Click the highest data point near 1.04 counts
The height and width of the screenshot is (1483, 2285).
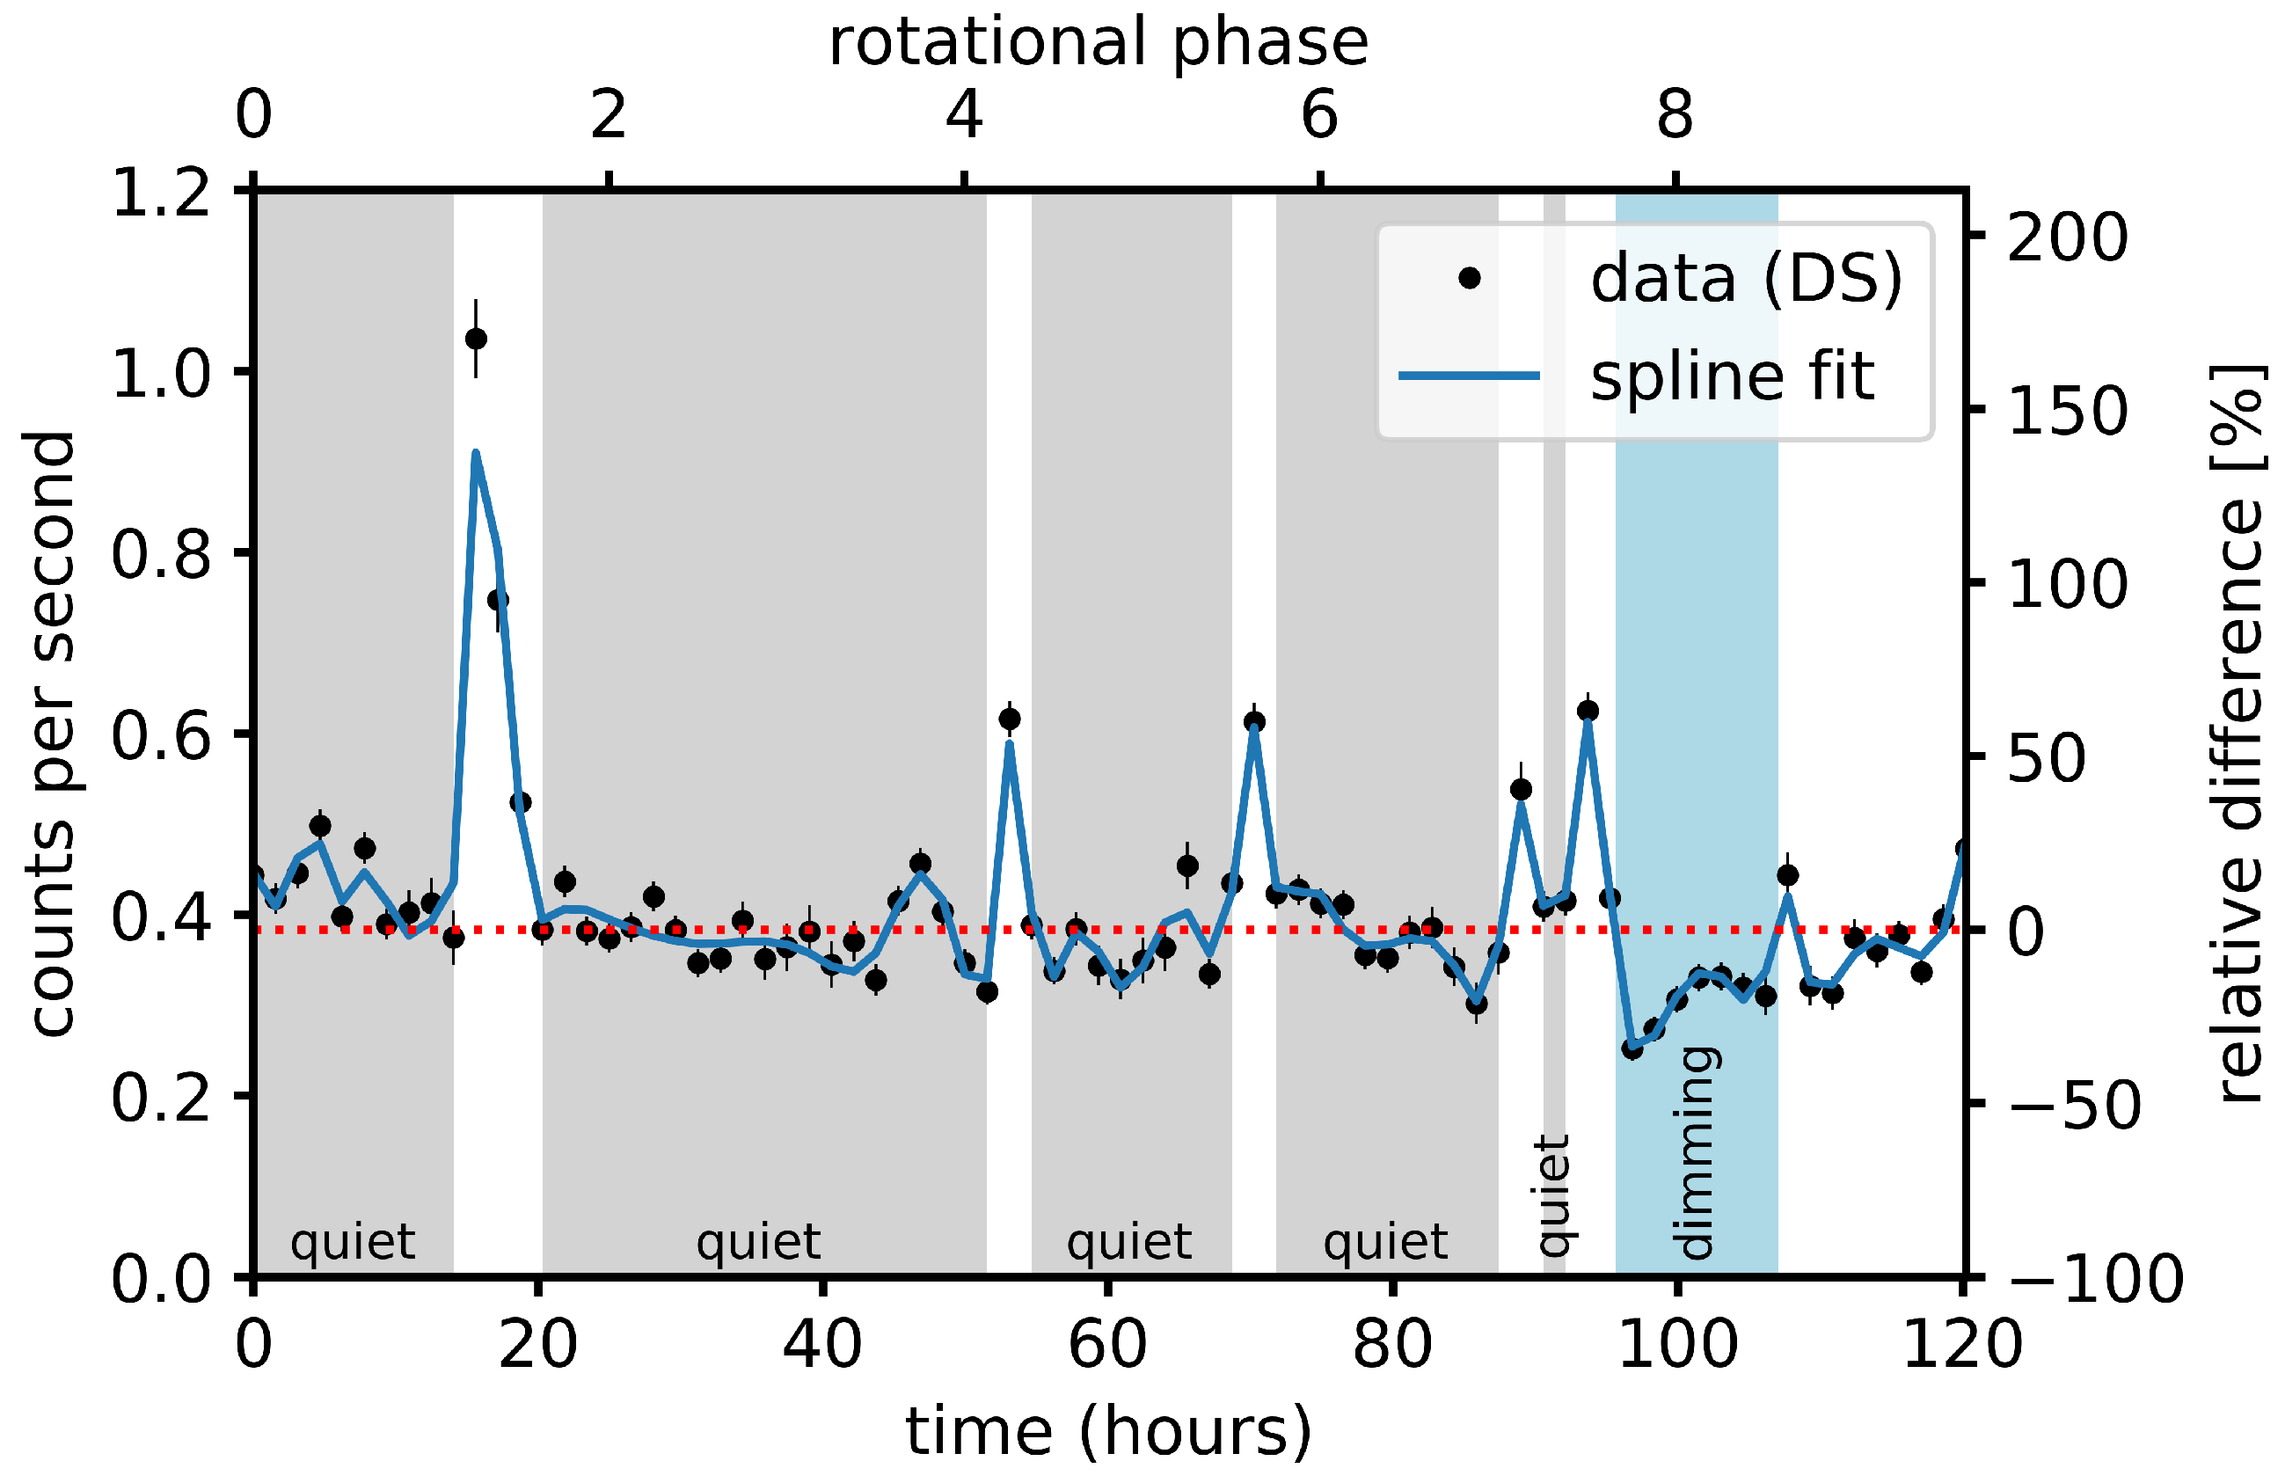click(475, 339)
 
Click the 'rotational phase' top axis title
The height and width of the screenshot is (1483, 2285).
click(1099, 43)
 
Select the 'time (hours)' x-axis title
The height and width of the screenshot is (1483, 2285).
click(1108, 1429)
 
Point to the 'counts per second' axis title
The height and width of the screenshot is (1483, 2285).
click(50, 734)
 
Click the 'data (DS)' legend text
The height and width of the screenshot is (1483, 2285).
click(1747, 278)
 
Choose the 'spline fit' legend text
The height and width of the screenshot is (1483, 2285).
click(1732, 376)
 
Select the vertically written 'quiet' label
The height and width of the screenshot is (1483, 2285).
click(1552, 1196)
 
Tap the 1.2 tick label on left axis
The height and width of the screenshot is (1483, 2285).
click(161, 192)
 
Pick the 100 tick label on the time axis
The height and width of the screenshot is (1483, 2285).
click(1677, 1344)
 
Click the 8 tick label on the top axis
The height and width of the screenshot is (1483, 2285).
click(1675, 115)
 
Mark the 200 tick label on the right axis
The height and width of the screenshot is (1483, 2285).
click(2066, 237)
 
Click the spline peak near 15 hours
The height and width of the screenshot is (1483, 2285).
click(475, 452)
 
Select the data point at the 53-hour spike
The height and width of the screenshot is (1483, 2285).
click(1009, 718)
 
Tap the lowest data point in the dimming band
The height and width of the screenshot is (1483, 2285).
click(1632, 1048)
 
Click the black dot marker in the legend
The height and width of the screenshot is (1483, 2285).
click(1469, 278)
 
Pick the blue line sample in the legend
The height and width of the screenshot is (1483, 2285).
click(1469, 376)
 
